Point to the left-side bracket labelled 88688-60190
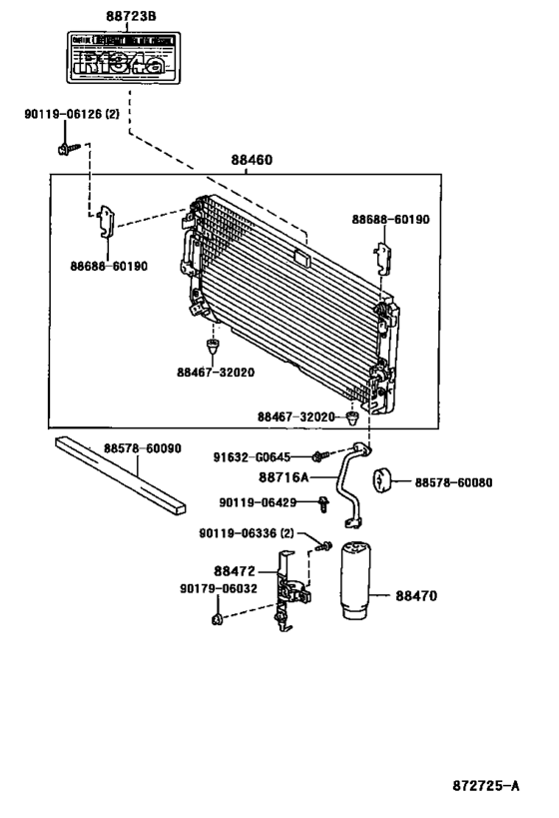pyautogui.click(x=105, y=223)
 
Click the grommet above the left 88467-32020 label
pyautogui.click(x=211, y=347)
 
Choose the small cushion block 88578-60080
pyautogui.click(x=382, y=481)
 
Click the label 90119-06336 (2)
pyautogui.click(x=254, y=533)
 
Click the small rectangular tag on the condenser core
pyautogui.click(x=301, y=258)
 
